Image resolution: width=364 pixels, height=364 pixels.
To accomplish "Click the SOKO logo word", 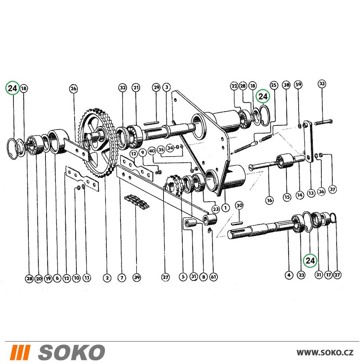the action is click(x=72, y=352).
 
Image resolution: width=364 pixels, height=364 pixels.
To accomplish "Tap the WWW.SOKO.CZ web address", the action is click(x=325, y=352).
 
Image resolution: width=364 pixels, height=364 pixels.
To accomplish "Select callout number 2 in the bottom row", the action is click(x=107, y=278).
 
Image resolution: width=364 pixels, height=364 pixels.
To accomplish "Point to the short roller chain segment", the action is click(x=137, y=201).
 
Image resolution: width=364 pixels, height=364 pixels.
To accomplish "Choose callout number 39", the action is click(x=137, y=277).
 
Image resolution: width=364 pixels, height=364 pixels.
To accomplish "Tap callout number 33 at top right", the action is click(x=322, y=84).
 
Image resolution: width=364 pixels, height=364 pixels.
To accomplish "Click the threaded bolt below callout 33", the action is click(x=323, y=122).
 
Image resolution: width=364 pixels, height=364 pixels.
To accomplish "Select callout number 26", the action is click(x=74, y=88).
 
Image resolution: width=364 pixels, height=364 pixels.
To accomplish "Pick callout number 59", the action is click(x=298, y=84).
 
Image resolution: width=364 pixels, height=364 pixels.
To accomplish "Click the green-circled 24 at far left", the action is click(x=12, y=88).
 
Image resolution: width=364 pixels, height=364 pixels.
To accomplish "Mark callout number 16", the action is click(x=269, y=200).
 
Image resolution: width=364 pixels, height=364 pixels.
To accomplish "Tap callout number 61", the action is click(x=213, y=277).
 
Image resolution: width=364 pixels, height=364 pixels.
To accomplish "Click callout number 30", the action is click(x=240, y=205).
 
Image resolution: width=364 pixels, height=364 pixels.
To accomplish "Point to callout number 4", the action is click(x=289, y=275).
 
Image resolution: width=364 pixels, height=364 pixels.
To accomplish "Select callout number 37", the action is click(x=333, y=189).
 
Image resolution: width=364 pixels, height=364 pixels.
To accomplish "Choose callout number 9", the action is click(x=143, y=153).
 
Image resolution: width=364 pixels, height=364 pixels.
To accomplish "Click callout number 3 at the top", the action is click(x=166, y=87).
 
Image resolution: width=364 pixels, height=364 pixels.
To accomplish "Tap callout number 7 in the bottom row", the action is click(x=122, y=278).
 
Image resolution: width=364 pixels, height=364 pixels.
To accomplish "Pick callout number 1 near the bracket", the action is click(x=225, y=207).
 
